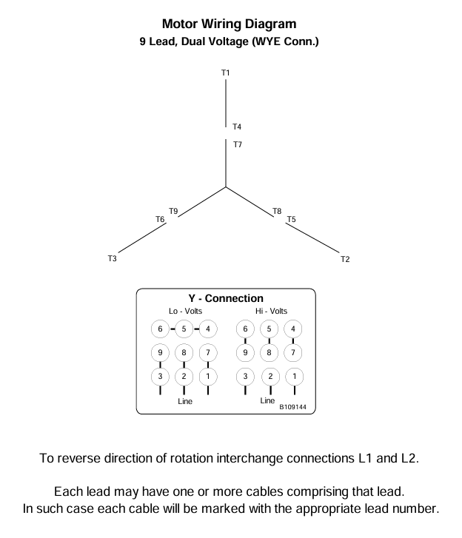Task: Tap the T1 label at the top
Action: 226,73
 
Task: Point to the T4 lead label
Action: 237,127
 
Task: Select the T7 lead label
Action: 237,144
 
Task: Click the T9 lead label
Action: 173,211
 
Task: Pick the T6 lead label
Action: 160,220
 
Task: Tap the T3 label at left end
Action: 113,258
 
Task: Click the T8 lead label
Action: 277,211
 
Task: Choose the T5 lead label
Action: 291,220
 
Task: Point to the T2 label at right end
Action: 345,258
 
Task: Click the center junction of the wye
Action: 226,186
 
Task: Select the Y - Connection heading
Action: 226,299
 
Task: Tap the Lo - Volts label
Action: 185,311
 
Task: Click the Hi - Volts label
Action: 271,311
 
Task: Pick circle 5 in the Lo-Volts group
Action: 184,329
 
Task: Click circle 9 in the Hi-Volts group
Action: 246,352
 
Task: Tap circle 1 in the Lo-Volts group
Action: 208,376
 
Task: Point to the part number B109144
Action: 292,406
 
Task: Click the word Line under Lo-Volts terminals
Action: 185,401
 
